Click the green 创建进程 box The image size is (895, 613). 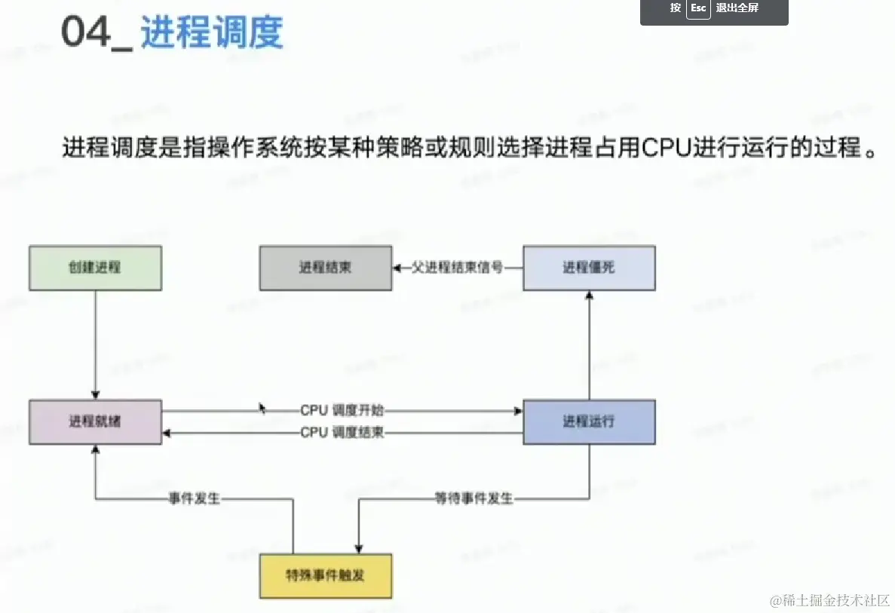95,268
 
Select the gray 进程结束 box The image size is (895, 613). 325,268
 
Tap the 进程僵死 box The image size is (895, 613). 589,268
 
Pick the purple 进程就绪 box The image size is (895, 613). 95,421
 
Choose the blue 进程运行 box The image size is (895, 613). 589,421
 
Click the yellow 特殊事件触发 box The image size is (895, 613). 325,576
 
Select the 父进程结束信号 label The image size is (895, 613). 457,268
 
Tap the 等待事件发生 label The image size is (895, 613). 474,498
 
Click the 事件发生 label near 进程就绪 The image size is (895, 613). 194,498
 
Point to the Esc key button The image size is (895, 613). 698,8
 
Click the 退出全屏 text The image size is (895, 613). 737,8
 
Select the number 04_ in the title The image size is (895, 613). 97,33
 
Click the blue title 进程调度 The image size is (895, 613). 212,33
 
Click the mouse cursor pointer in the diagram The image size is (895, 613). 262,408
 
